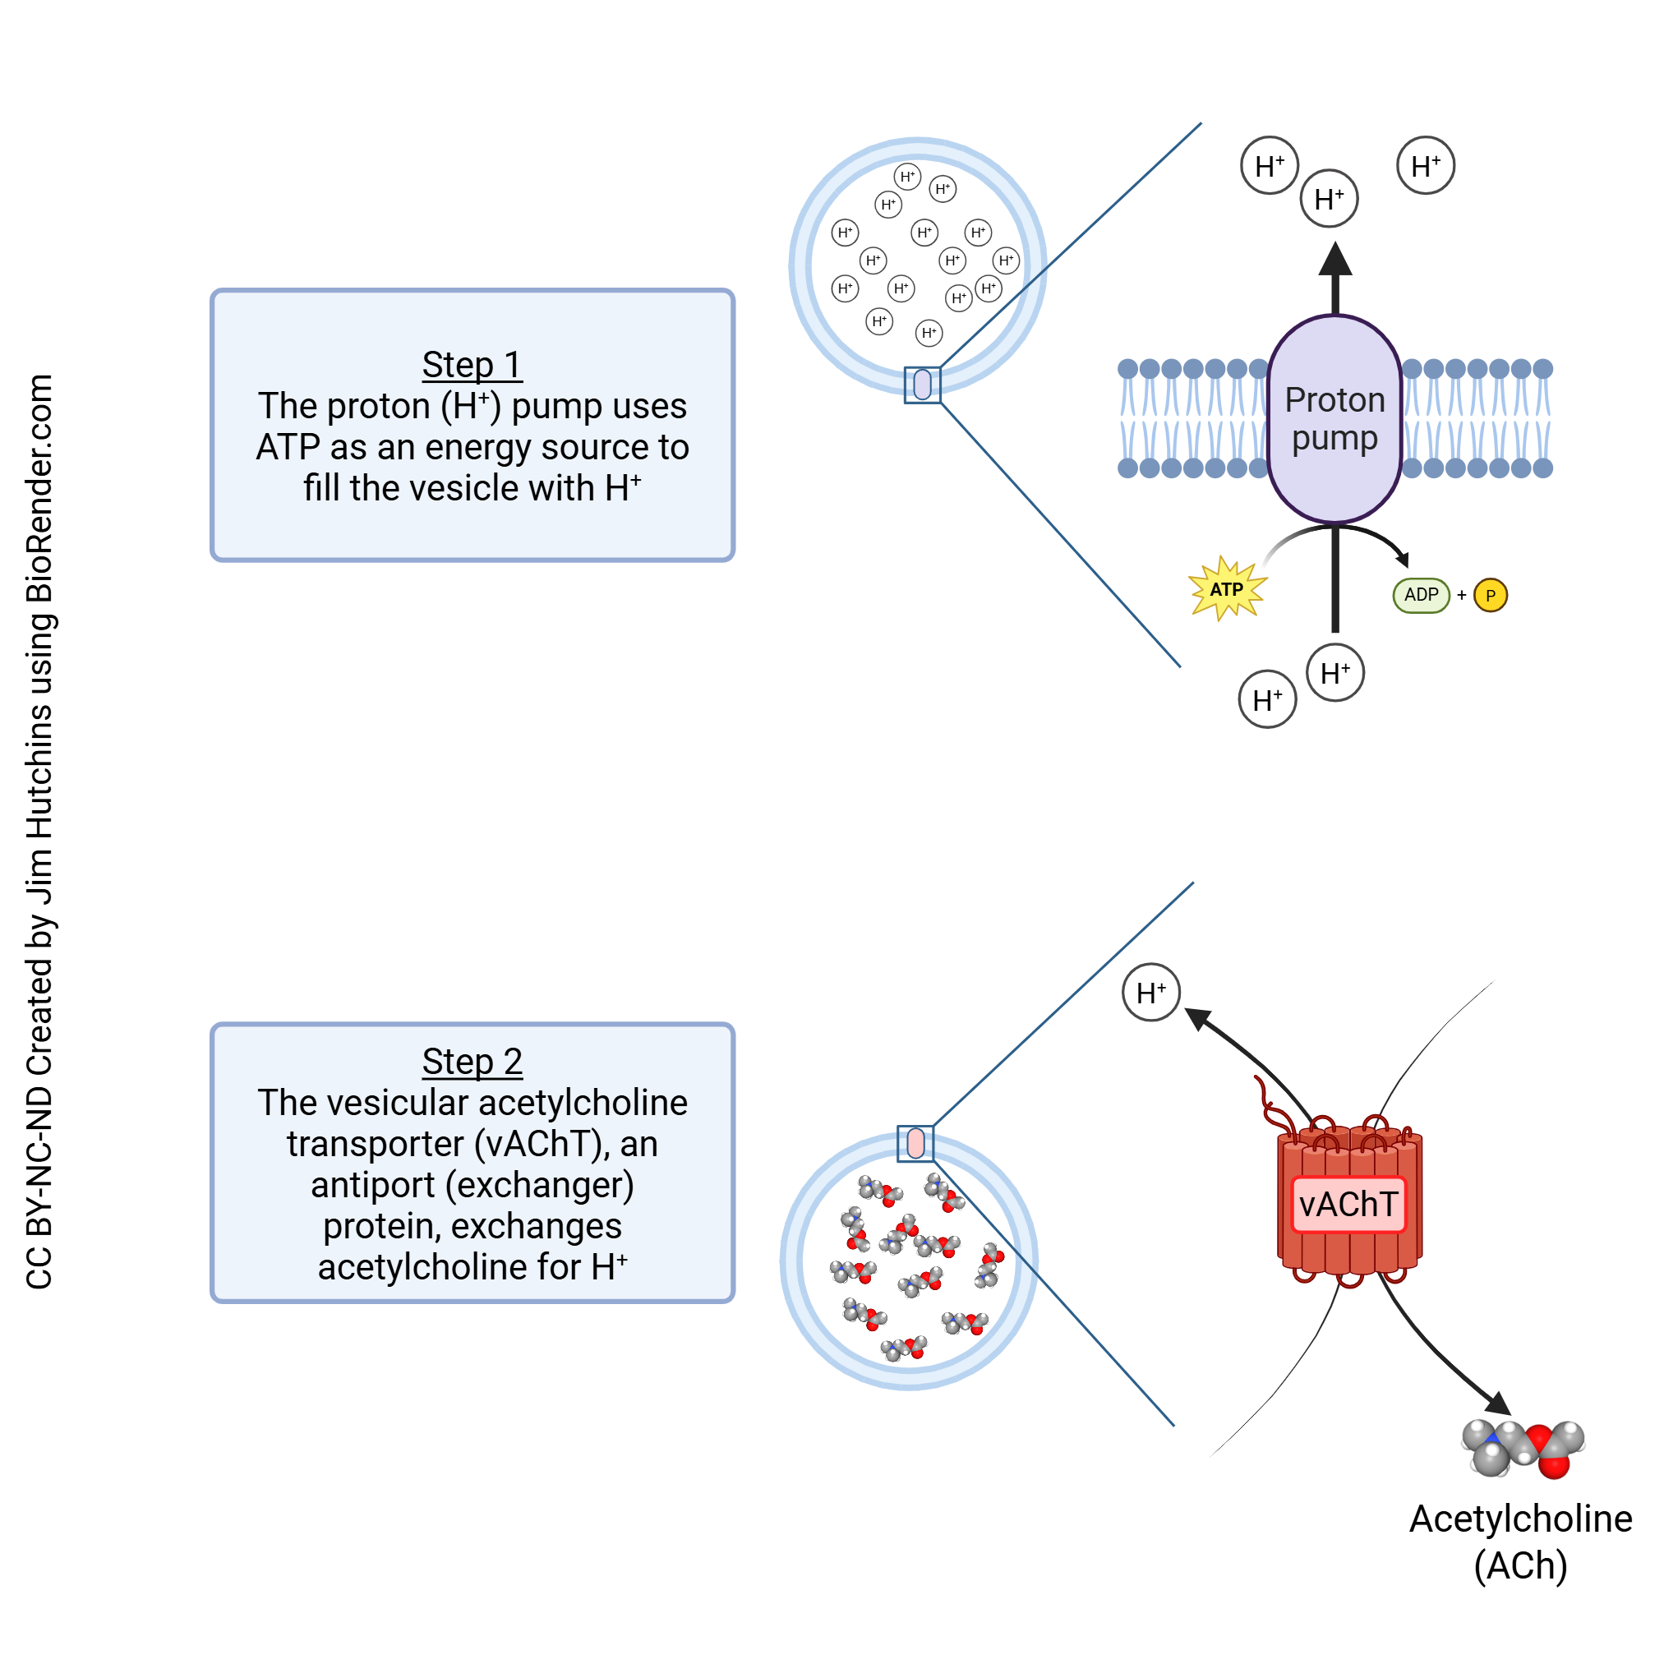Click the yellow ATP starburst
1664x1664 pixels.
(1228, 590)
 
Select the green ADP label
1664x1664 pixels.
(1421, 595)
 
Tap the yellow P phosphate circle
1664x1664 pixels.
(1491, 596)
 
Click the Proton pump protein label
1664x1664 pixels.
(1335, 418)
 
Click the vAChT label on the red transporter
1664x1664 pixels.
(1348, 1205)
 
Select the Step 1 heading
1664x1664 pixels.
(472, 365)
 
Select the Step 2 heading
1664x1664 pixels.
(472, 1062)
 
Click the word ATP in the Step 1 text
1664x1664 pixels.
(288, 448)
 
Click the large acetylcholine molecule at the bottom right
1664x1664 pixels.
(1523, 1450)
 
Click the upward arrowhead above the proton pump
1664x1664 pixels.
(1335, 258)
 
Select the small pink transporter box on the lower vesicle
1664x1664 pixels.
(915, 1144)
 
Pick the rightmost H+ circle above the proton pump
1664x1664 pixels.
(1426, 166)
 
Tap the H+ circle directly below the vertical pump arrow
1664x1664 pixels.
(1335, 674)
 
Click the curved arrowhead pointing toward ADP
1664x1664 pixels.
(1403, 560)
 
